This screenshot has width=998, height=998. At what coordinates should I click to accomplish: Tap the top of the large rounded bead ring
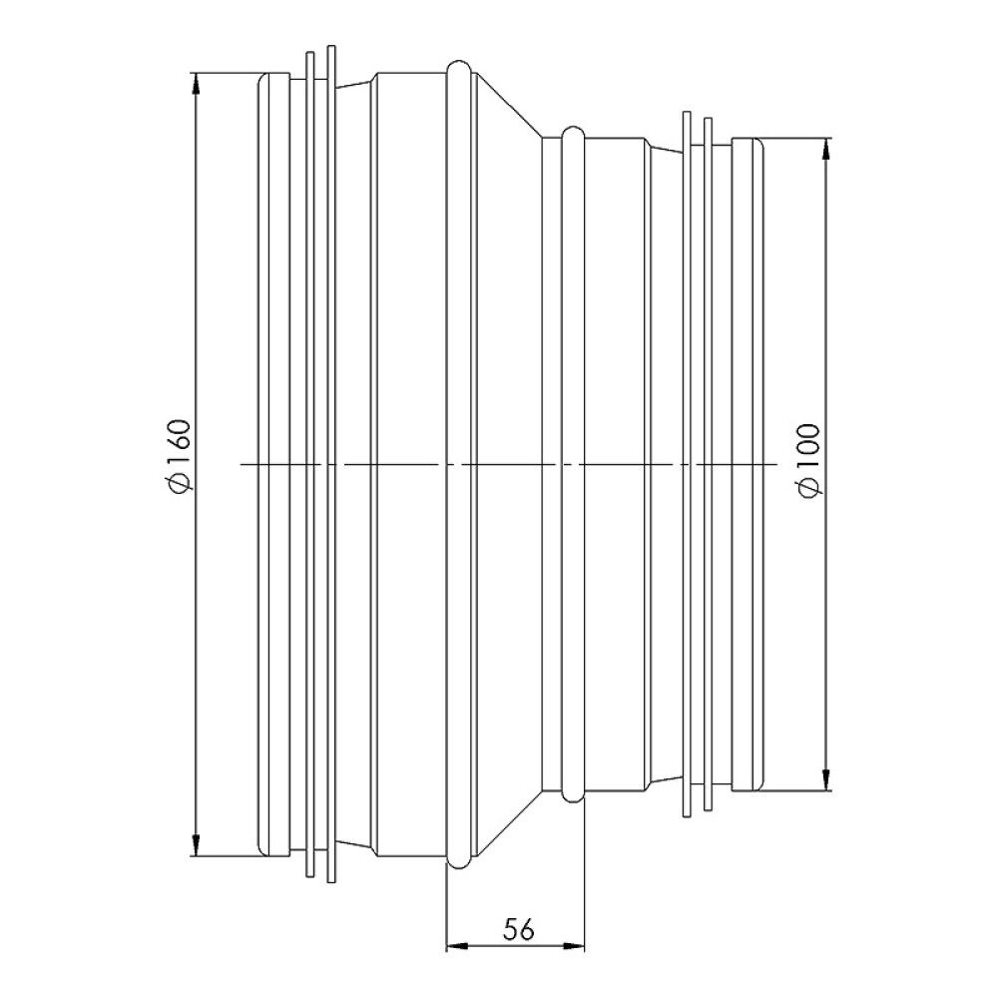coord(458,63)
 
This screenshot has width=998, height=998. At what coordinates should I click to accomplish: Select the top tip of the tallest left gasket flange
coord(330,46)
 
